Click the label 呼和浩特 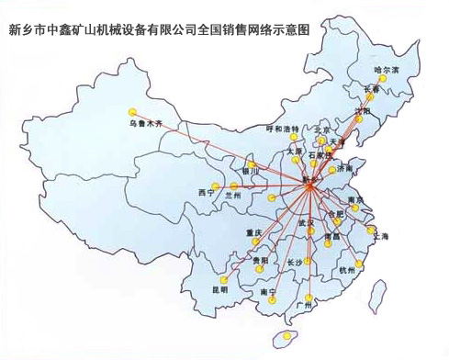[x=283, y=129]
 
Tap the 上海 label [x=379, y=237]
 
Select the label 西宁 [x=205, y=192]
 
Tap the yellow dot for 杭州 [x=358, y=263]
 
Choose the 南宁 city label [x=268, y=292]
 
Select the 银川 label [x=251, y=169]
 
